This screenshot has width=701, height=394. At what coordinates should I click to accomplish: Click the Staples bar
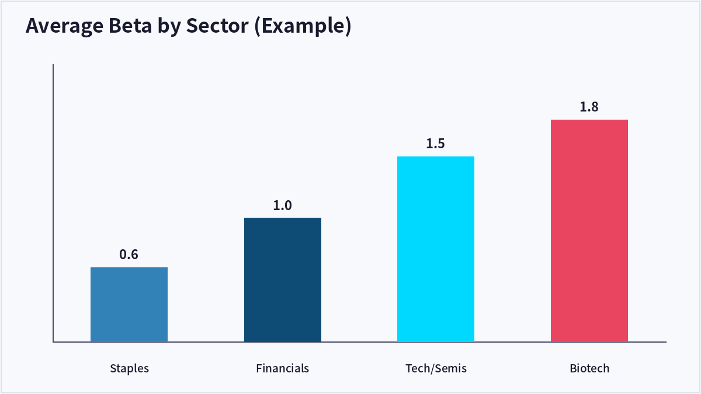point(129,305)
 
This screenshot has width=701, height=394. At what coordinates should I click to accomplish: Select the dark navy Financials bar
point(283,280)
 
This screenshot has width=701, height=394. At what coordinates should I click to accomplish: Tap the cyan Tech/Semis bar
point(436,249)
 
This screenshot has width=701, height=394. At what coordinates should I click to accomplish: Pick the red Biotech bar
point(589,231)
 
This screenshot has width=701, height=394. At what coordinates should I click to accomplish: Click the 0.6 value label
point(129,254)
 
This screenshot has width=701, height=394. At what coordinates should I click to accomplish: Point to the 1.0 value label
point(282,205)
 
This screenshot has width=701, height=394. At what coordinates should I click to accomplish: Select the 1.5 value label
point(435,144)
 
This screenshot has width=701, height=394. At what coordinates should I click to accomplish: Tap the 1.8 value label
point(589,107)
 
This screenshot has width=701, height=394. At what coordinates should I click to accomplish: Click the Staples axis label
point(129,369)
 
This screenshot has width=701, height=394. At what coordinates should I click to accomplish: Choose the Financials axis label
point(282,368)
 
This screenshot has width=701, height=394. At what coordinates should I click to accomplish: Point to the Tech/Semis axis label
point(436,369)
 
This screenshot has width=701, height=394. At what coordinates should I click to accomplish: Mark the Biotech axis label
point(589,368)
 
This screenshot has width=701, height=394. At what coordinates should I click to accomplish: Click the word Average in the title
point(64,26)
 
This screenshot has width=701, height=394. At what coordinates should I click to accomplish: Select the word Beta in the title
point(130,26)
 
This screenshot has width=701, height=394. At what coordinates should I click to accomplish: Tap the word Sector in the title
point(217,26)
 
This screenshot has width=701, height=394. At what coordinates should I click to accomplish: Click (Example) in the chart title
point(303,27)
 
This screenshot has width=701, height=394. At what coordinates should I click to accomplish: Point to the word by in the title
point(169,27)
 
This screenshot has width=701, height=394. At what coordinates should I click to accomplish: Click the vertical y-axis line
point(53,203)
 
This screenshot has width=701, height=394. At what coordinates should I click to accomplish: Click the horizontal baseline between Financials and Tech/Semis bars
point(359,342)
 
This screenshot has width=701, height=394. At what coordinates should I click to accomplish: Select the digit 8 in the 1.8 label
point(594,107)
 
